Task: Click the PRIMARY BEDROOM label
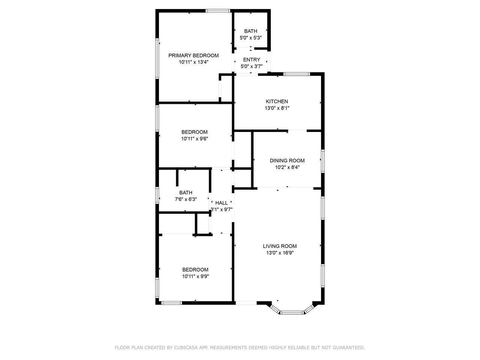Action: [193, 55]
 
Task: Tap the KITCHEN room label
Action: [277, 101]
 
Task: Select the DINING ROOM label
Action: [287, 160]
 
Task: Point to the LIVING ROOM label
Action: [279, 246]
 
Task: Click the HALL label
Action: [221, 203]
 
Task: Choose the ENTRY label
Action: [252, 60]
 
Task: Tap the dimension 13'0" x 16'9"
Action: [280, 253]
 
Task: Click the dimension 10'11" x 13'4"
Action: [193, 62]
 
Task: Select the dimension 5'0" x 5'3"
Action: [250, 38]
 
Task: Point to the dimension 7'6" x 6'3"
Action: [186, 199]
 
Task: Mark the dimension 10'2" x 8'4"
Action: [287, 167]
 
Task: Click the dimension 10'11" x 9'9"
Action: [195, 276]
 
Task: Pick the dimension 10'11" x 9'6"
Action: [194, 139]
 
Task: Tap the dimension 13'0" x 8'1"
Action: [277, 108]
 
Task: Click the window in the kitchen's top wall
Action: [297, 74]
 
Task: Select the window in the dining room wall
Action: [322, 161]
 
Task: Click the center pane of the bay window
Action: [292, 313]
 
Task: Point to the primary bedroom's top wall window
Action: [217, 11]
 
